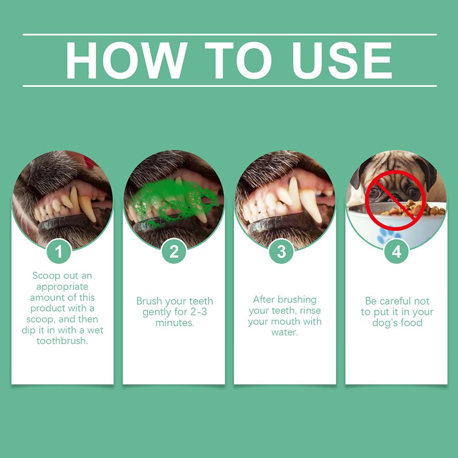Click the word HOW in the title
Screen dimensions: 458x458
(126, 60)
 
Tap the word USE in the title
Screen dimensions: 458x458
(341, 60)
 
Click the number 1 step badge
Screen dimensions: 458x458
(59, 251)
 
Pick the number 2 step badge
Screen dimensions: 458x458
(174, 251)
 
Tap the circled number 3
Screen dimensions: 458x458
(281, 251)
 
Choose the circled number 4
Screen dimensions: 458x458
(396, 251)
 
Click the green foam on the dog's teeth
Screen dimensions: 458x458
(172, 201)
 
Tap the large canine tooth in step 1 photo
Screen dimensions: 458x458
(87, 209)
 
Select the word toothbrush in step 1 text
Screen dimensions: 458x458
(62, 340)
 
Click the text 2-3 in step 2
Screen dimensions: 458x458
(199, 312)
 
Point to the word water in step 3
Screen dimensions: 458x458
(285, 332)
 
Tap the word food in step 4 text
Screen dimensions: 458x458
(412, 323)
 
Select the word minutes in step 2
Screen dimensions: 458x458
(175, 323)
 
